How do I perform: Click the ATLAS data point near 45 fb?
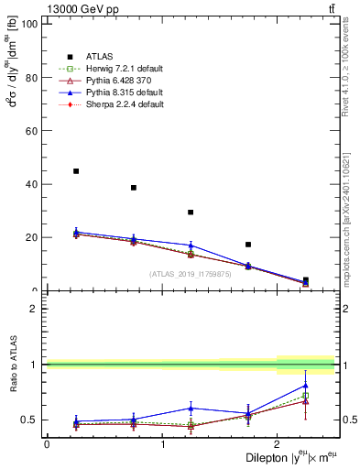point(76,171)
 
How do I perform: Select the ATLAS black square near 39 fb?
point(134,188)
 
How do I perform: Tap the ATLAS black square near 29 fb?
point(191,213)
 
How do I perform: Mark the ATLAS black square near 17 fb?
point(248,245)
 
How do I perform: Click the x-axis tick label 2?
point(278,444)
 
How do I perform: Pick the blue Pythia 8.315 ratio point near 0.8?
point(305,386)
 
